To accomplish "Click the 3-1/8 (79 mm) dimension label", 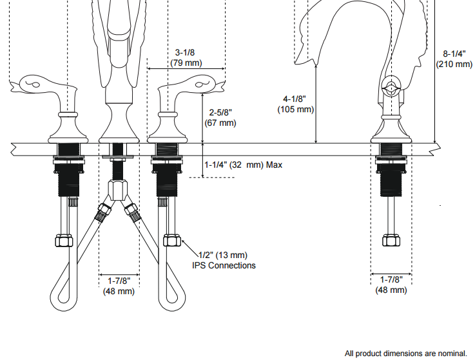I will pyautogui.click(x=186, y=57).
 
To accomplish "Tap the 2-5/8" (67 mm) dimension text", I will pyautogui.click(x=220, y=117).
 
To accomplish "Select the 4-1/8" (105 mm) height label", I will pyautogui.click(x=295, y=105).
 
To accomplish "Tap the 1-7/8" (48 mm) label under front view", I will pyautogui.click(x=119, y=286).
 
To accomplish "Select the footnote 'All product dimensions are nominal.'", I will pyautogui.click(x=405, y=353).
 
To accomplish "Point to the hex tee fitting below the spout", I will pyautogui.click(x=119, y=190).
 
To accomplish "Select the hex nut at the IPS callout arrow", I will pyautogui.click(x=171, y=240).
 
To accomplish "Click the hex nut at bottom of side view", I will pyautogui.click(x=391, y=240).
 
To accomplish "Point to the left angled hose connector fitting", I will pyautogui.click(x=102, y=212).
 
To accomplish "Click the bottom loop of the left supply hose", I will pyautogui.click(x=63, y=298).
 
